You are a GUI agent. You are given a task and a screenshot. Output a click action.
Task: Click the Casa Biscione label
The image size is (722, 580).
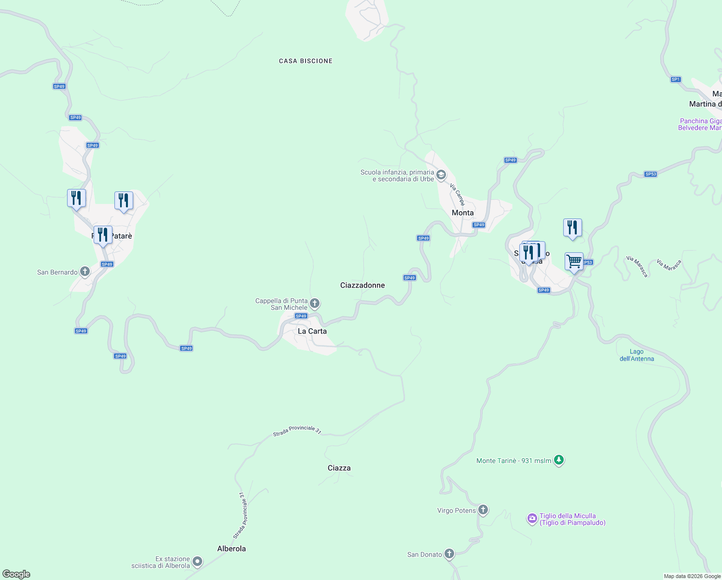tap(305, 61)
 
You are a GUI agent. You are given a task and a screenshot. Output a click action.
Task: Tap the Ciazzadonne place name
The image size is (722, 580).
tap(362, 285)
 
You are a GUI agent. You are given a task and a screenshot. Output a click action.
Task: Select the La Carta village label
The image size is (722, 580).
tap(312, 331)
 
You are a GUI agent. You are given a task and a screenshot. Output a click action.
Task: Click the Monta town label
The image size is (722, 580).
tap(462, 213)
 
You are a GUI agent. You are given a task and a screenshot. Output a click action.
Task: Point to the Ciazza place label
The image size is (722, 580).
tap(339, 468)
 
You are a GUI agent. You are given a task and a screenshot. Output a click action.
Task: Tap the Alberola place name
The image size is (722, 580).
tap(231, 549)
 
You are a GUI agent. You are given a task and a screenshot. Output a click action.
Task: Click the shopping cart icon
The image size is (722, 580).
tap(574, 261)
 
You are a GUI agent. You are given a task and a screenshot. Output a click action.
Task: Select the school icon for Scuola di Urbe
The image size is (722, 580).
tap(441, 175)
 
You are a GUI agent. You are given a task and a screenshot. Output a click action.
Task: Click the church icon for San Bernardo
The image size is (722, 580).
tap(85, 272)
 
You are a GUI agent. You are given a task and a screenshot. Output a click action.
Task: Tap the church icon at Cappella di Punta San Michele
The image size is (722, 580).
tap(315, 304)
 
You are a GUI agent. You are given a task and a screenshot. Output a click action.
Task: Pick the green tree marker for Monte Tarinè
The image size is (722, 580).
tap(559, 460)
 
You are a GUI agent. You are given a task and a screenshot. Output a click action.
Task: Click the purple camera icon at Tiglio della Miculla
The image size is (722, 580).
tap(532, 519)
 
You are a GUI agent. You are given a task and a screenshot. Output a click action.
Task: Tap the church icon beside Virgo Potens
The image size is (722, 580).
tap(483, 510)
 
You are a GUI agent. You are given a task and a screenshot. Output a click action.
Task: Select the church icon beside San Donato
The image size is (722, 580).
tap(449, 554)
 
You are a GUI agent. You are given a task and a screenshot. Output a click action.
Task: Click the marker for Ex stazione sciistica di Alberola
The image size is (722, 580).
tap(197, 562)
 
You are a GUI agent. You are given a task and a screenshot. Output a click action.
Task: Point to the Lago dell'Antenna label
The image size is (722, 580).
tap(637, 355)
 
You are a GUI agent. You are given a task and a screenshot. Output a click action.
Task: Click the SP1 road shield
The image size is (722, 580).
tap(676, 79)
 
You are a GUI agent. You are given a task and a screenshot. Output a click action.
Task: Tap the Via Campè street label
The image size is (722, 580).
tap(457, 194)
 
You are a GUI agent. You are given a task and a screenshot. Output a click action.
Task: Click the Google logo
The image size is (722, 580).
tap(16, 574)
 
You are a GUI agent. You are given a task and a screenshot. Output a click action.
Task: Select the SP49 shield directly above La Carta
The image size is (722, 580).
tap(301, 316)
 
